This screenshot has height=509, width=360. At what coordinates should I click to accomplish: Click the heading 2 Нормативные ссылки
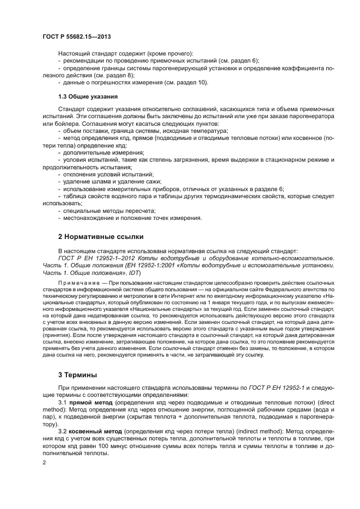click(101, 237)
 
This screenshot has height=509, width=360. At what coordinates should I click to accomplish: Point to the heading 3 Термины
click(78, 375)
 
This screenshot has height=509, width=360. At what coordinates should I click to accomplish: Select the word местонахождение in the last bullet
click(89, 218)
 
